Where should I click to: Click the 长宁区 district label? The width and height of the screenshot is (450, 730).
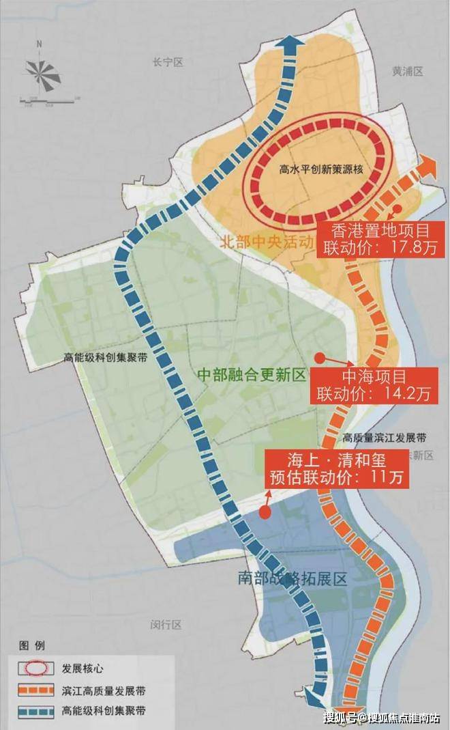pos(169,62)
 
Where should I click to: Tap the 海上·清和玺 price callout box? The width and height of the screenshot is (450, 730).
pos(337,468)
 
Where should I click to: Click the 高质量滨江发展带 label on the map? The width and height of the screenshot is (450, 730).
pos(385,437)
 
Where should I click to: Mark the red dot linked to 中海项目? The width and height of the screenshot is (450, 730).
pos(319,356)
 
